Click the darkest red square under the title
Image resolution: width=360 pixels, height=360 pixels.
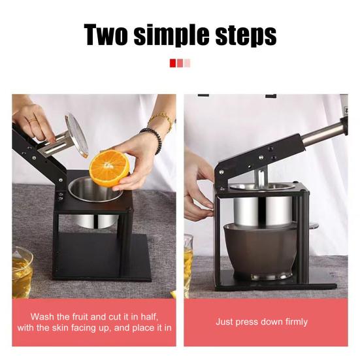pos(172,63)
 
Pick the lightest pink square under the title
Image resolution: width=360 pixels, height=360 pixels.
pos(188,63)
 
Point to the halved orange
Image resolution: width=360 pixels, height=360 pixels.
pos(109,168)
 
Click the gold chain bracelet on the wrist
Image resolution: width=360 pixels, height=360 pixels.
pos(161,121)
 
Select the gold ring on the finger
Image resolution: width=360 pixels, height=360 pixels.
pos(33,121)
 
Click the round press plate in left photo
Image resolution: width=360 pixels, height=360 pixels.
pos(77,135)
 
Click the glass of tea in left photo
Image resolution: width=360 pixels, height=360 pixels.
pos(22,271)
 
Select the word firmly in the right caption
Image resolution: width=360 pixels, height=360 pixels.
pos(291,321)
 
